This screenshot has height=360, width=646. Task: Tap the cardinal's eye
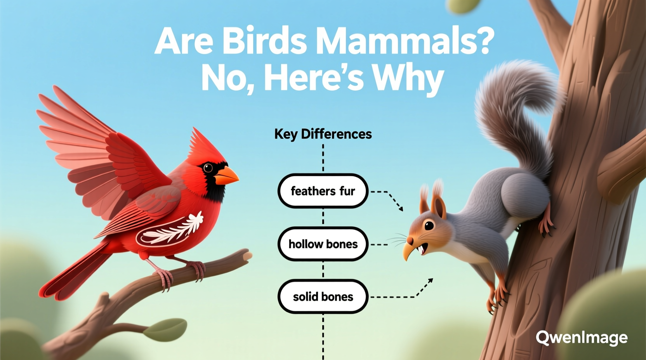[x=208, y=168]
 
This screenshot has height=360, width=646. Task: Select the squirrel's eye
[x=429, y=225]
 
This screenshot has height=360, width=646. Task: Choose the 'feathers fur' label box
[x=323, y=191]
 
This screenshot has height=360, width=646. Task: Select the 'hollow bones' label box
[x=323, y=244]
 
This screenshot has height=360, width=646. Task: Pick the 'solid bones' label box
[x=323, y=297]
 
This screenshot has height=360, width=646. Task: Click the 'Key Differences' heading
[x=323, y=134]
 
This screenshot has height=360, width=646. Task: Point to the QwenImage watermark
[x=581, y=338]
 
